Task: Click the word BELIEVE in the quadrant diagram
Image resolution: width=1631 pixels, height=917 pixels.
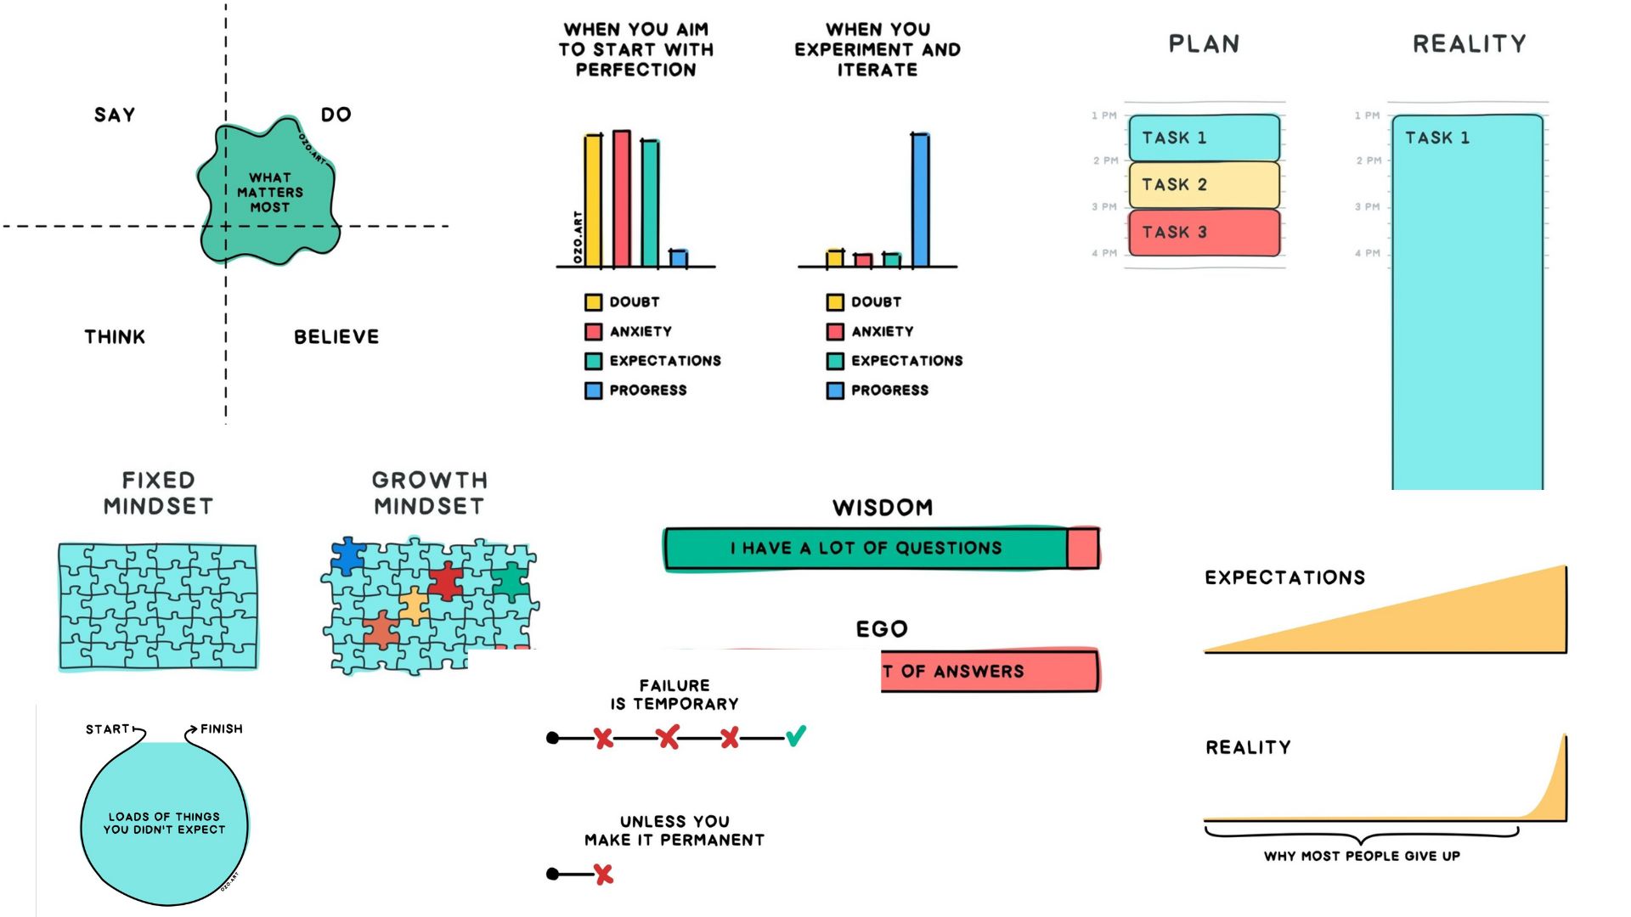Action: (x=336, y=337)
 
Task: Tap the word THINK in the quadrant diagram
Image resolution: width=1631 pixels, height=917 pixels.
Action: (x=115, y=337)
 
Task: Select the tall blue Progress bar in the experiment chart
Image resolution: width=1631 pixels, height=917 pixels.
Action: (x=920, y=200)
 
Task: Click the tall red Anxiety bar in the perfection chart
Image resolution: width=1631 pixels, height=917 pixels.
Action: (x=622, y=199)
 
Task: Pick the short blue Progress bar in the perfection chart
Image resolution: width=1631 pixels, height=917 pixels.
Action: (x=678, y=258)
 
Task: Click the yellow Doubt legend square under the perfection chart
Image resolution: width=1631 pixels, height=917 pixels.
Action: (x=593, y=302)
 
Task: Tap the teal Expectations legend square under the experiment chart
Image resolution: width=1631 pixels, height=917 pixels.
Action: (x=835, y=361)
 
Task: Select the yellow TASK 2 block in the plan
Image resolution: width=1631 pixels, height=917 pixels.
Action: (x=1204, y=184)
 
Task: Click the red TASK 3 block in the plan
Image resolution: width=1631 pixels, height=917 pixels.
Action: (x=1204, y=232)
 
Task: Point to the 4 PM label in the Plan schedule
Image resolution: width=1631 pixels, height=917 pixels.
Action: (x=1104, y=253)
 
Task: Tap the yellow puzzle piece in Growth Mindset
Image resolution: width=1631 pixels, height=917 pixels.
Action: (x=414, y=605)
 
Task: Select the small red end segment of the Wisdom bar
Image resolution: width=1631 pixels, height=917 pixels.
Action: (x=1082, y=548)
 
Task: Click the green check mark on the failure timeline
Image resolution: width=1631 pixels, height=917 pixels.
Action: (x=796, y=735)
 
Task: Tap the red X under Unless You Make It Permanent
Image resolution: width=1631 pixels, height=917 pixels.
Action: (x=603, y=874)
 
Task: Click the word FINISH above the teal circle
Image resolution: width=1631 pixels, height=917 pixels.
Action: (x=221, y=729)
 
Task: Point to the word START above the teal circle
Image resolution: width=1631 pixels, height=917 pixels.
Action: (x=107, y=729)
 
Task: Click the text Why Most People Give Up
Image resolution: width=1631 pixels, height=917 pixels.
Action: (x=1362, y=856)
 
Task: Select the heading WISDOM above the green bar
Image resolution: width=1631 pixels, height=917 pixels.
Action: (x=883, y=508)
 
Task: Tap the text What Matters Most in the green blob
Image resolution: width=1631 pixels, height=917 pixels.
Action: (x=269, y=192)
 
